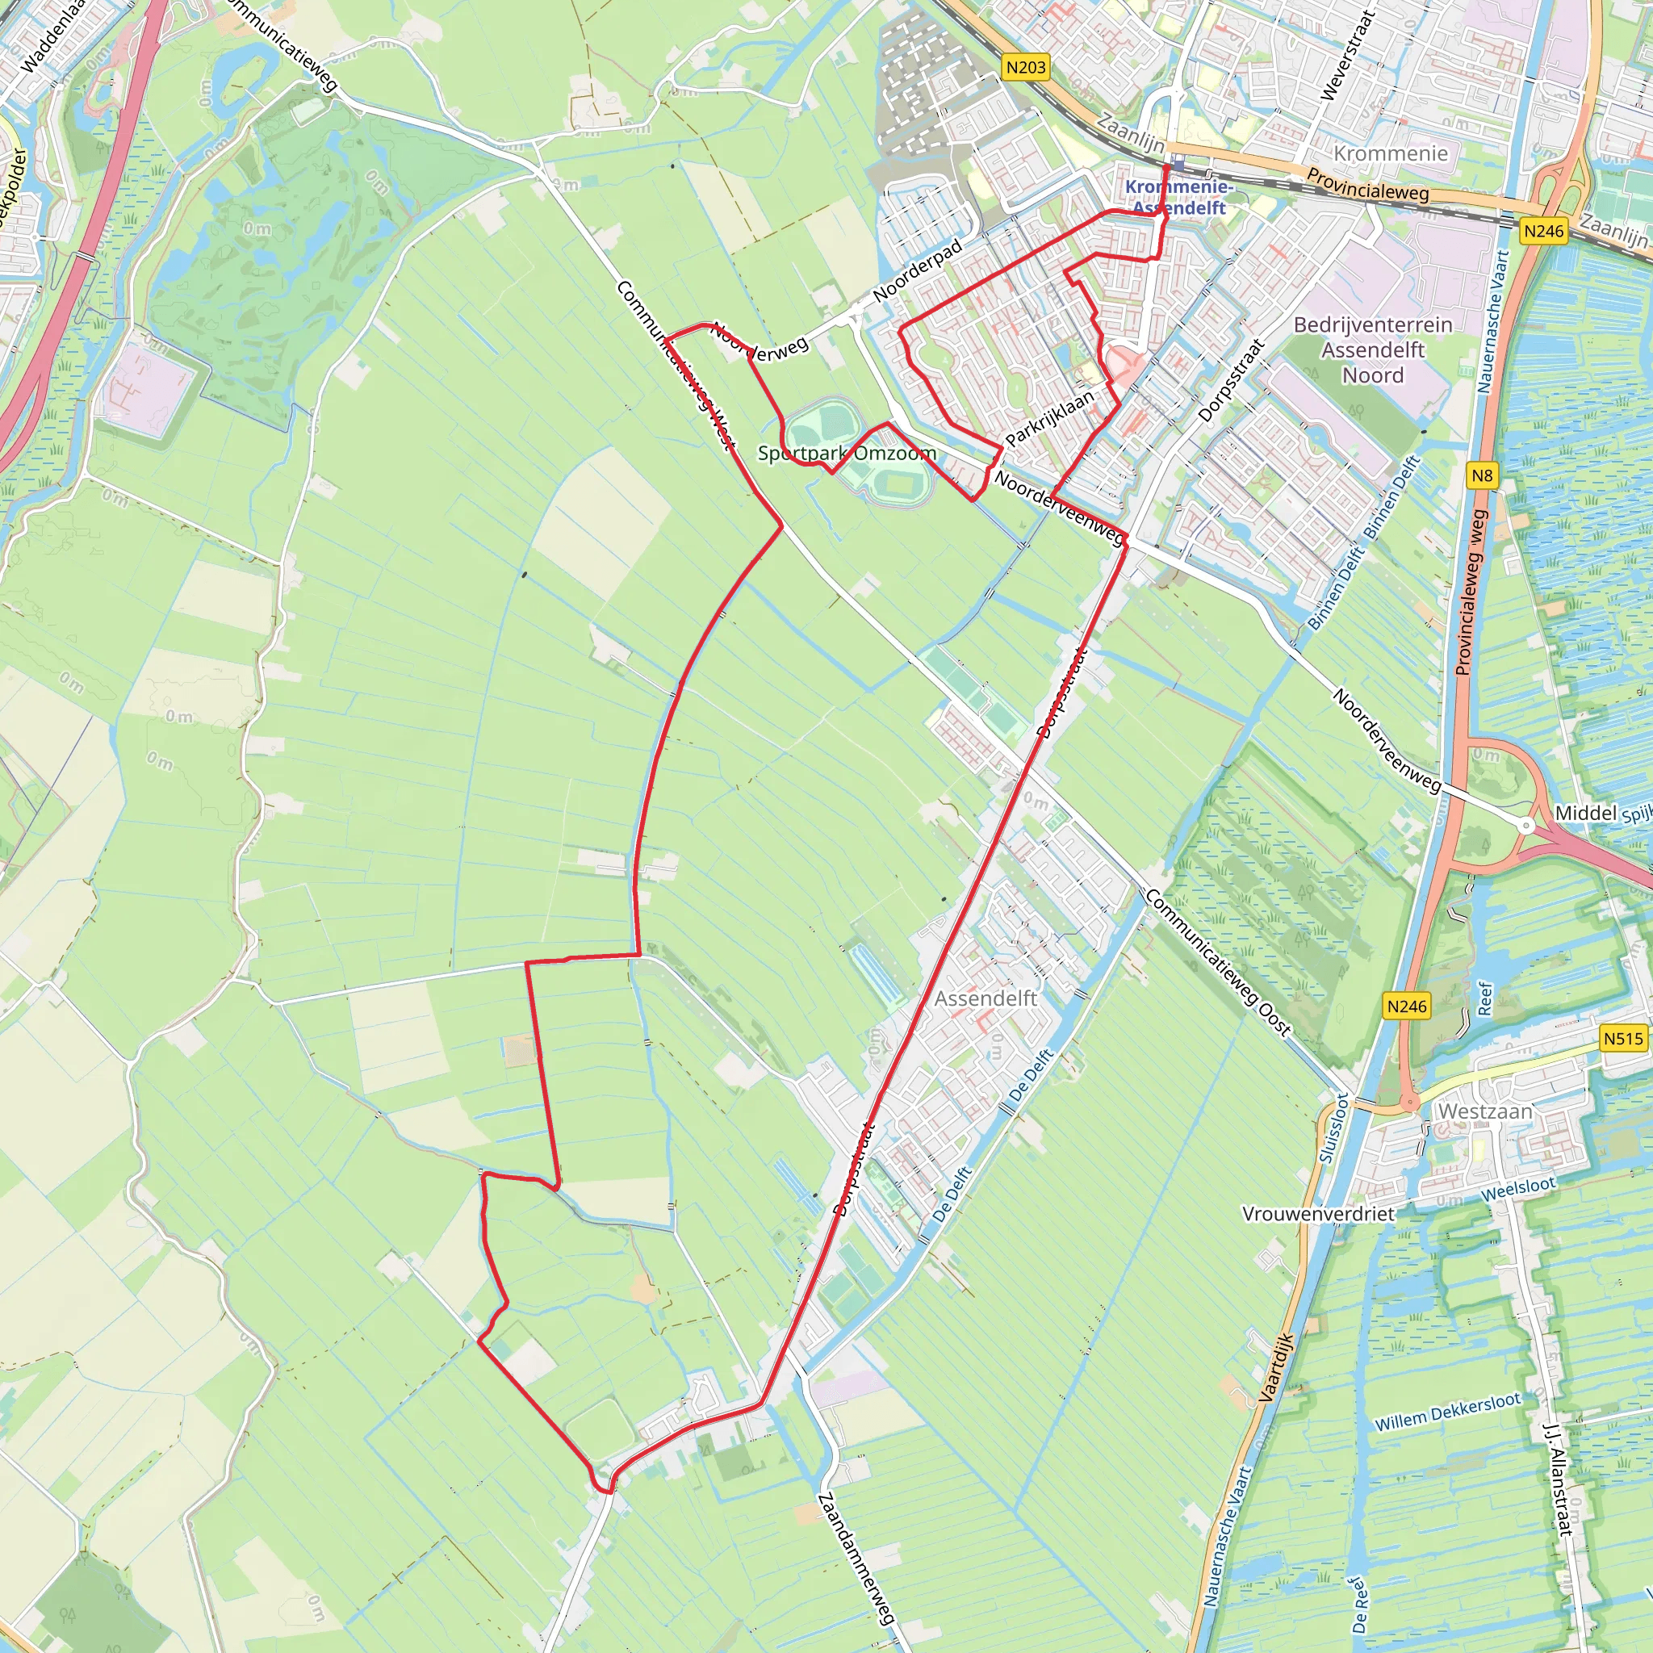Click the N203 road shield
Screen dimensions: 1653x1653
tap(1026, 68)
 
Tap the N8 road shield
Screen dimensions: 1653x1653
tap(1483, 475)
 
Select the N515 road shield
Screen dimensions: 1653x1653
tap(1623, 1039)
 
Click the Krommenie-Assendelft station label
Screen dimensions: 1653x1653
tap(1179, 197)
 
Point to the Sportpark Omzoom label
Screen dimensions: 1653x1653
tap(846, 453)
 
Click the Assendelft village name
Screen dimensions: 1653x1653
tap(985, 998)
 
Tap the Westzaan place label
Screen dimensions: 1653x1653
tap(1484, 1111)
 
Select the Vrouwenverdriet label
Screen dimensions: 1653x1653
tap(1317, 1214)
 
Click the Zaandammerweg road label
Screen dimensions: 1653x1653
tap(856, 1558)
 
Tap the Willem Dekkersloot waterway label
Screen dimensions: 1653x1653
tap(1448, 1411)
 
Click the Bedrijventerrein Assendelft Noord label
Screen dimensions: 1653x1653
tap(1372, 350)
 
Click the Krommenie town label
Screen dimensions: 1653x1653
tap(1391, 154)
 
